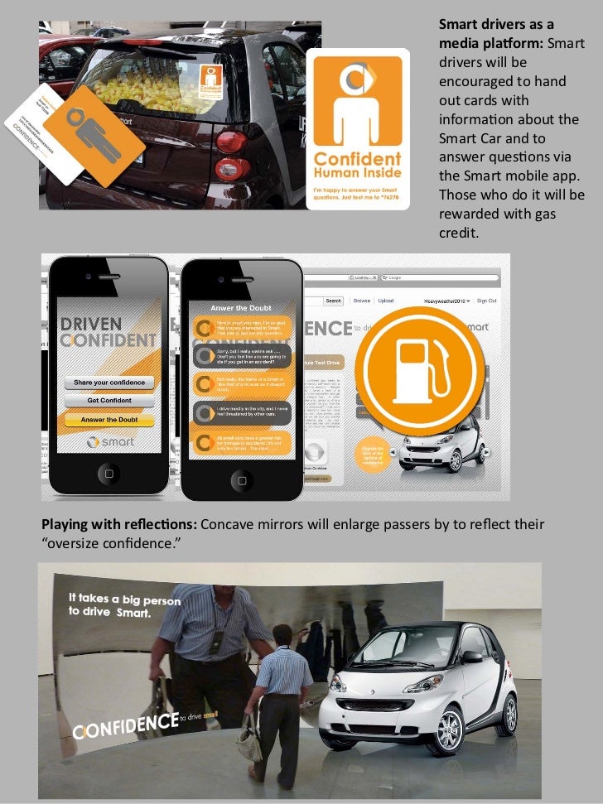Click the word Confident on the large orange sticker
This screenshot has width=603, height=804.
[x=358, y=158]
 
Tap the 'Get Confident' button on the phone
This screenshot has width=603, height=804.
[x=109, y=401]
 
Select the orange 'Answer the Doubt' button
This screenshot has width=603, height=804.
[x=109, y=420]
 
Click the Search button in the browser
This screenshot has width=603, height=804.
[x=334, y=301]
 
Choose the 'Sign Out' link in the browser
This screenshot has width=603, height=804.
[x=487, y=301]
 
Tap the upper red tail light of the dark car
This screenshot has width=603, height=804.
[x=231, y=142]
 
